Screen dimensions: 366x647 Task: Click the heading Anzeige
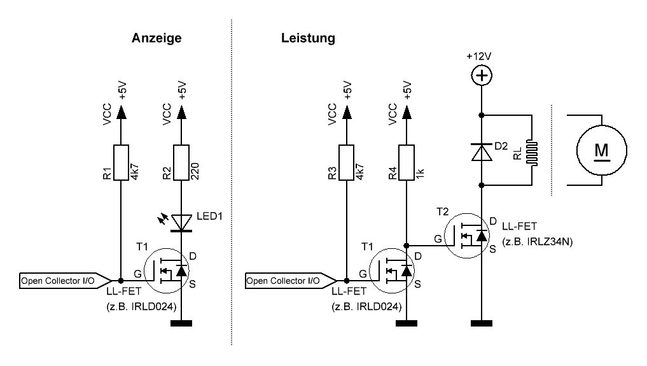pyautogui.click(x=157, y=38)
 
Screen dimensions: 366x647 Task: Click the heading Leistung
pyautogui.click(x=308, y=38)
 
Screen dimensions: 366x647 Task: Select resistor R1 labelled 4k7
pyautogui.click(x=120, y=163)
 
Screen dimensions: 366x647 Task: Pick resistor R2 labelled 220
pyautogui.click(x=182, y=163)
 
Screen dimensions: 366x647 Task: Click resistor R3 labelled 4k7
pyautogui.click(x=347, y=163)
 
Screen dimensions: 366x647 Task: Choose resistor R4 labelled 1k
pyautogui.click(x=407, y=163)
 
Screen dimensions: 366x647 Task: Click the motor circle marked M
pyautogui.click(x=601, y=150)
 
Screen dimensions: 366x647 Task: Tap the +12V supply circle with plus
pyautogui.click(x=482, y=76)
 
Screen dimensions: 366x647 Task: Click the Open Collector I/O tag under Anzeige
pyautogui.click(x=59, y=280)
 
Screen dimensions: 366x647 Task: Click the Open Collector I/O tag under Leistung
pyautogui.click(x=284, y=280)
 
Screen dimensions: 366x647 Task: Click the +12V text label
pyautogui.click(x=478, y=56)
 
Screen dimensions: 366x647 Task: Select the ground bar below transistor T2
pyautogui.click(x=482, y=324)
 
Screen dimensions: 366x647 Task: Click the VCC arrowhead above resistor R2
pyautogui.click(x=182, y=113)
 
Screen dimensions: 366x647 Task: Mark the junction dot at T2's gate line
pyautogui.click(x=407, y=245)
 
